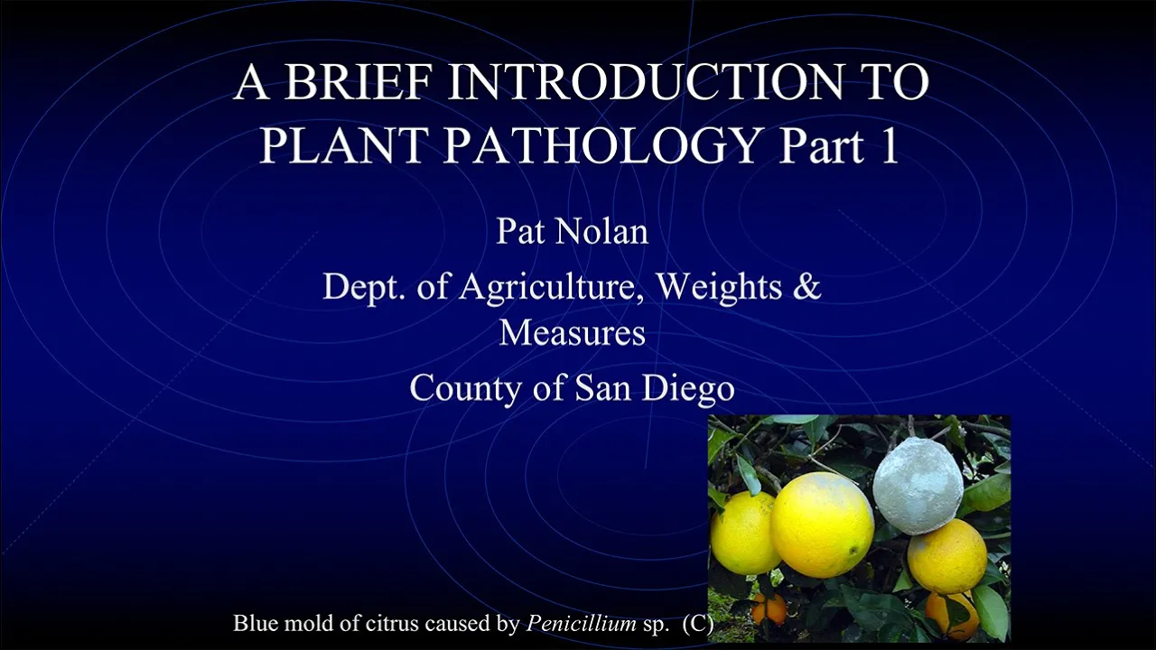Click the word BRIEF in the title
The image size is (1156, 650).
[x=357, y=81]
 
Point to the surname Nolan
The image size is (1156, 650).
[x=601, y=231]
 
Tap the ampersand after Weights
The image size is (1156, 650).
[x=806, y=286]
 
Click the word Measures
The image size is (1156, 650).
[x=573, y=332]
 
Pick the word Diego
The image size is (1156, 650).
[x=688, y=389]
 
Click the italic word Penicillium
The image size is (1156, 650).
[x=581, y=623]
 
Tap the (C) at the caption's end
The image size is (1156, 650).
[x=698, y=624]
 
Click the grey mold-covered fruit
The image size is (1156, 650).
[x=918, y=485]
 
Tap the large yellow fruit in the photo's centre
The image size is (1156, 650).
[x=822, y=525]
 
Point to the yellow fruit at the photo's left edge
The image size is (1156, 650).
[x=743, y=533]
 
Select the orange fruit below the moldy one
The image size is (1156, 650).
[x=947, y=556]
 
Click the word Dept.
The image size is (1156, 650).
[x=357, y=287]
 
